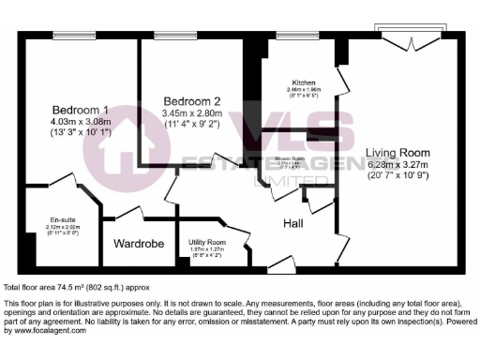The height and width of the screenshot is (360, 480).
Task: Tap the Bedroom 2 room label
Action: (191, 100)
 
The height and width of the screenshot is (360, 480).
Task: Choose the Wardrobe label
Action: (139, 243)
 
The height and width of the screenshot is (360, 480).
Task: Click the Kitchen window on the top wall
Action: (299, 37)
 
